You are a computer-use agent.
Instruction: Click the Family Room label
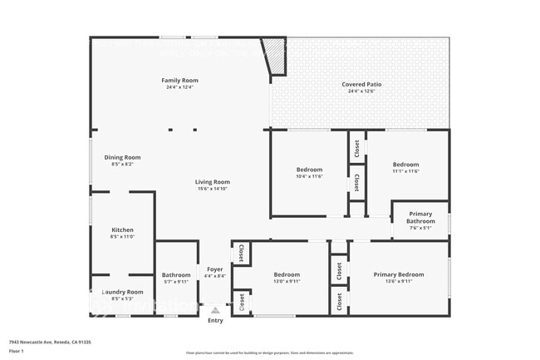(x=179, y=81)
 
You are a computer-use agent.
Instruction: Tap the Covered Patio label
(x=362, y=85)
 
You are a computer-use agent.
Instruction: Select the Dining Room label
(x=122, y=157)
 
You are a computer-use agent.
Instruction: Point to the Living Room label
(x=213, y=182)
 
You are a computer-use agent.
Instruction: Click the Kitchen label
(x=122, y=230)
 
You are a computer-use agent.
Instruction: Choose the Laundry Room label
(x=122, y=292)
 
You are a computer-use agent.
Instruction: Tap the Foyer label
(x=214, y=269)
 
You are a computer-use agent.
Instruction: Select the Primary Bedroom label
(x=399, y=274)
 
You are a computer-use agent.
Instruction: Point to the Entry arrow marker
(x=215, y=310)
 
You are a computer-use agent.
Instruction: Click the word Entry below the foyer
(x=215, y=320)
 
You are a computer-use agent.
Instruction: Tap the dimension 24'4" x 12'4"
(x=179, y=87)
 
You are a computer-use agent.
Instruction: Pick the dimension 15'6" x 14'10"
(x=213, y=189)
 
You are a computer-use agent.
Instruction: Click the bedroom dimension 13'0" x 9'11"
(x=287, y=281)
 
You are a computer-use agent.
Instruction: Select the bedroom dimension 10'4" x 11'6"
(x=309, y=176)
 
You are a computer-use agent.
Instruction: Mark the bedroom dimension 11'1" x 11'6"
(x=405, y=171)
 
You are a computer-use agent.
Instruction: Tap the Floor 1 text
(x=17, y=351)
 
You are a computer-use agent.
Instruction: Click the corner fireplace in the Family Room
(x=273, y=54)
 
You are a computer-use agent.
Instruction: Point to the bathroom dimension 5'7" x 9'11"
(x=176, y=281)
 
